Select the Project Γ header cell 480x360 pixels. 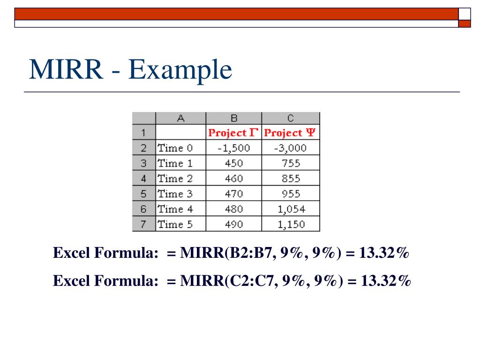click(x=233, y=133)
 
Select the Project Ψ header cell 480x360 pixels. click(x=290, y=133)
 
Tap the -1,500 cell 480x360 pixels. click(x=233, y=148)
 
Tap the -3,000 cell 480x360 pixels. click(x=290, y=148)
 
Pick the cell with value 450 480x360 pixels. click(x=233, y=164)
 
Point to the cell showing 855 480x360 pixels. click(x=290, y=179)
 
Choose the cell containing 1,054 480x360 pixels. click(x=290, y=209)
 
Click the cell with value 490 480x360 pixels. click(x=233, y=224)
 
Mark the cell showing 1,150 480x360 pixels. click(x=290, y=224)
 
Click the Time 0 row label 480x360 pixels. click(x=175, y=148)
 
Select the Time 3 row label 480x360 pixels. click(x=175, y=194)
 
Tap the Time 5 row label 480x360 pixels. click(x=175, y=224)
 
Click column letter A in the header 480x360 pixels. click(x=180, y=118)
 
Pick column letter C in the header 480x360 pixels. click(x=290, y=118)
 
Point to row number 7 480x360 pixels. click(x=144, y=224)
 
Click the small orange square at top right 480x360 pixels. click(x=465, y=23)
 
